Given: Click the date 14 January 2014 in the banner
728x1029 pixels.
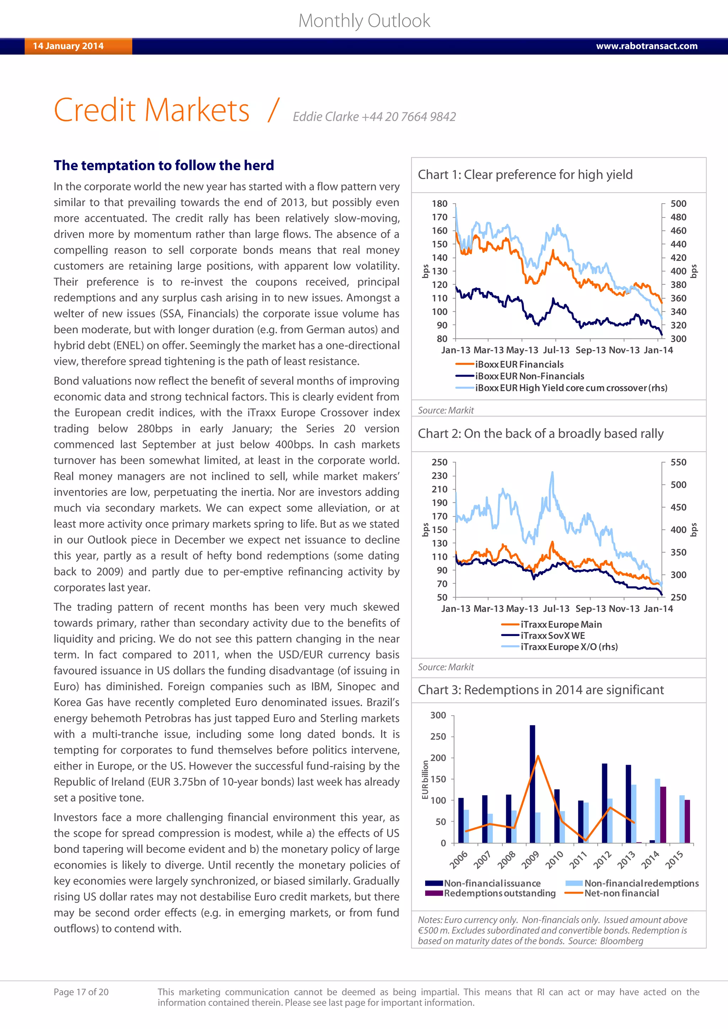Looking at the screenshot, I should pyautogui.click(x=68, y=46).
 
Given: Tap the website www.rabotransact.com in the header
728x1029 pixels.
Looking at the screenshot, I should pyautogui.click(x=646, y=46).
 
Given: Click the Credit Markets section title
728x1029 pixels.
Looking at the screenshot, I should pyautogui.click(x=151, y=110).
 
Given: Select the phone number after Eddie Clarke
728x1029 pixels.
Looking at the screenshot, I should pyautogui.click(x=408, y=117).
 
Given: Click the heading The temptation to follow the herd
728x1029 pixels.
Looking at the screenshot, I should pyautogui.click(x=164, y=165).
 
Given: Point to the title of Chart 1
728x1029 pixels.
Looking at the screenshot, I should pyautogui.click(x=525, y=175).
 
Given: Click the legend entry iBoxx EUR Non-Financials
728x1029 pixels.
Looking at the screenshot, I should pyautogui.click(x=529, y=376).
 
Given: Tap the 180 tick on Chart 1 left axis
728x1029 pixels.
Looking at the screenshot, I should pyautogui.click(x=439, y=204).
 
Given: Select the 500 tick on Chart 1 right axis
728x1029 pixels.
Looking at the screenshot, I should pyautogui.click(x=678, y=204).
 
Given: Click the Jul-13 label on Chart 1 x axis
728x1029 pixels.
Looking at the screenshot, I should pyautogui.click(x=556, y=350).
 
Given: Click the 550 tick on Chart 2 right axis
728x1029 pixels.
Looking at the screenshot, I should pyautogui.click(x=678, y=462).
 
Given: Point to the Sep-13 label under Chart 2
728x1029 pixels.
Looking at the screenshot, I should pyautogui.click(x=591, y=609).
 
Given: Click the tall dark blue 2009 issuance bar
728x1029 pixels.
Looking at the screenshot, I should pyautogui.click(x=532, y=784).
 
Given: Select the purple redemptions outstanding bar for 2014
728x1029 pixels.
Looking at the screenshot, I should pyautogui.click(x=663, y=815).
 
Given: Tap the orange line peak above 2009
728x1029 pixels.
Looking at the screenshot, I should pyautogui.click(x=537, y=756).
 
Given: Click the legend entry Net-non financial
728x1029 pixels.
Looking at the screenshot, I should pyautogui.click(x=621, y=893).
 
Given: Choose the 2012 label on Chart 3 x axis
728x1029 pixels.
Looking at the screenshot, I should pyautogui.click(x=602, y=860).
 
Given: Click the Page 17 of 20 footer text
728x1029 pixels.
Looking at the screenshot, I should pyautogui.click(x=81, y=992).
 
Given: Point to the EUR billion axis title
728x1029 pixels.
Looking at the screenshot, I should pyautogui.click(x=425, y=780).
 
